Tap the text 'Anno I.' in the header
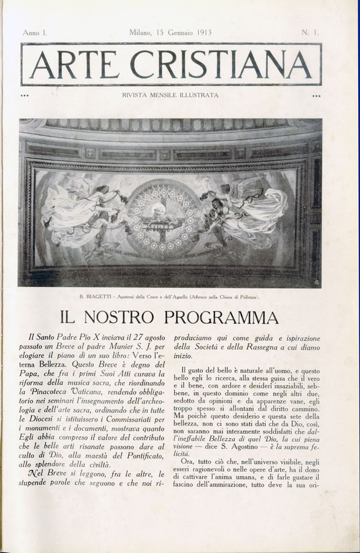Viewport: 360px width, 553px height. pos(35,32)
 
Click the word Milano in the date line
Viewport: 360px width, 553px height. pos(143,32)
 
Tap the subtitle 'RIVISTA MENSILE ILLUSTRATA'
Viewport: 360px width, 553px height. pos(170,95)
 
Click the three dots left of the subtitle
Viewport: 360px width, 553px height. pos(25,96)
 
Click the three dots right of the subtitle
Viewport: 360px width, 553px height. pos(316,96)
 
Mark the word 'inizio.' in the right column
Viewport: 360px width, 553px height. pos(184,356)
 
